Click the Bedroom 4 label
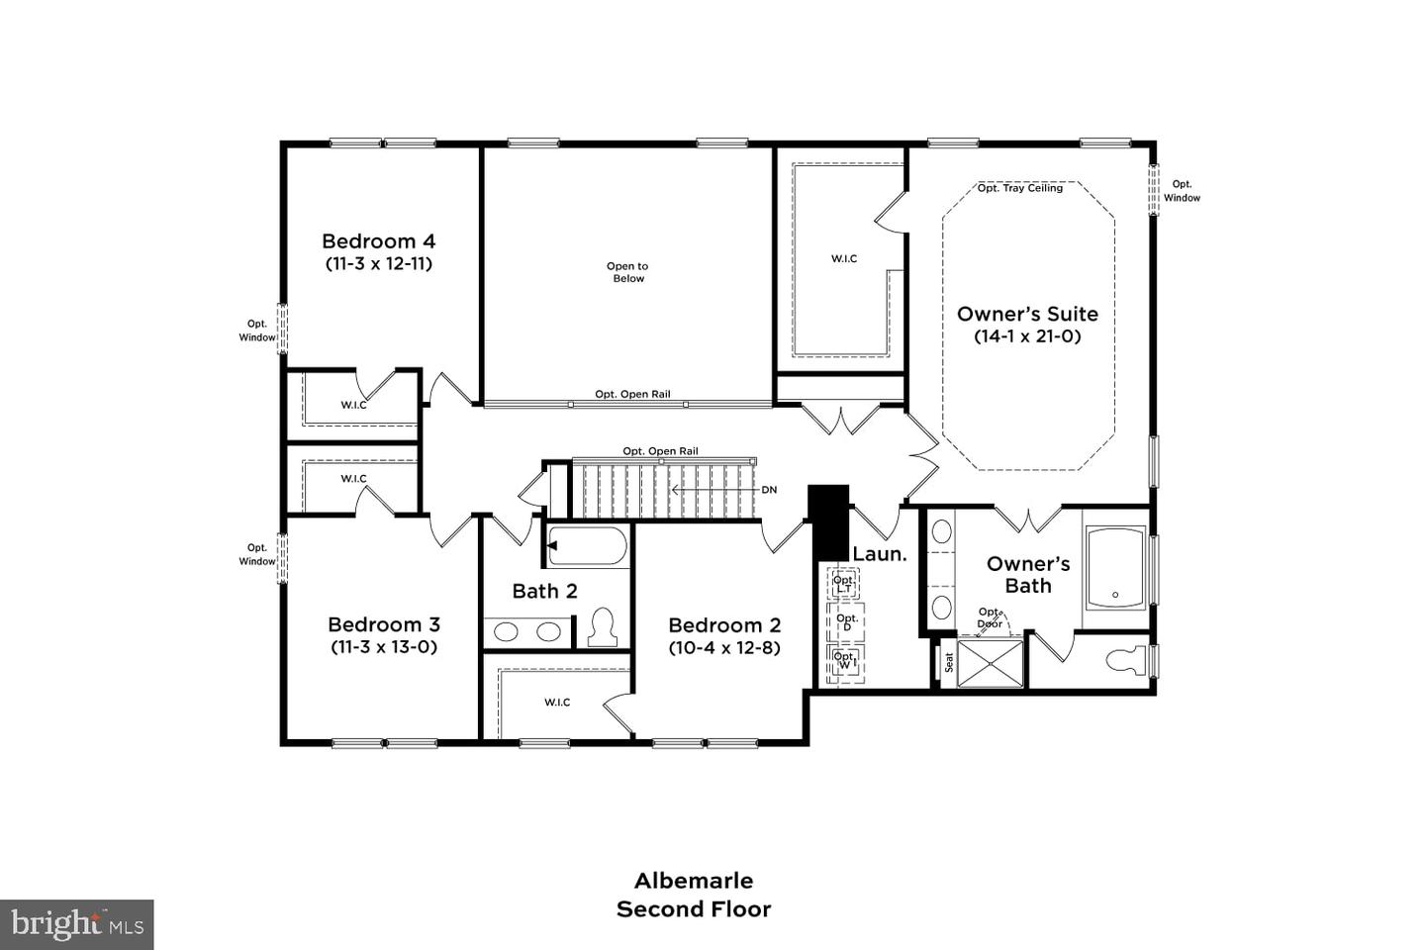click(x=378, y=241)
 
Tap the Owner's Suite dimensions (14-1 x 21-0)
click(x=1027, y=336)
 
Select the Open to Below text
click(x=627, y=272)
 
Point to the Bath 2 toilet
click(x=602, y=627)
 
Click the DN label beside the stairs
click(x=769, y=490)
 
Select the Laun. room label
click(x=879, y=554)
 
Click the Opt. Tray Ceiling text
click(x=1019, y=188)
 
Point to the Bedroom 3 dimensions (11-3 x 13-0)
click(x=384, y=647)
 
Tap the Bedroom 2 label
click(x=724, y=625)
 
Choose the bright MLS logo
click(x=77, y=924)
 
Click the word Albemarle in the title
click(x=693, y=881)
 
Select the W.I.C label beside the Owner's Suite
click(x=844, y=259)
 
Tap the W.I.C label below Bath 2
click(x=557, y=703)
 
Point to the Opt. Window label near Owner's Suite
click(x=1182, y=191)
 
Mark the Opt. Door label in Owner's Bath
click(x=990, y=618)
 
